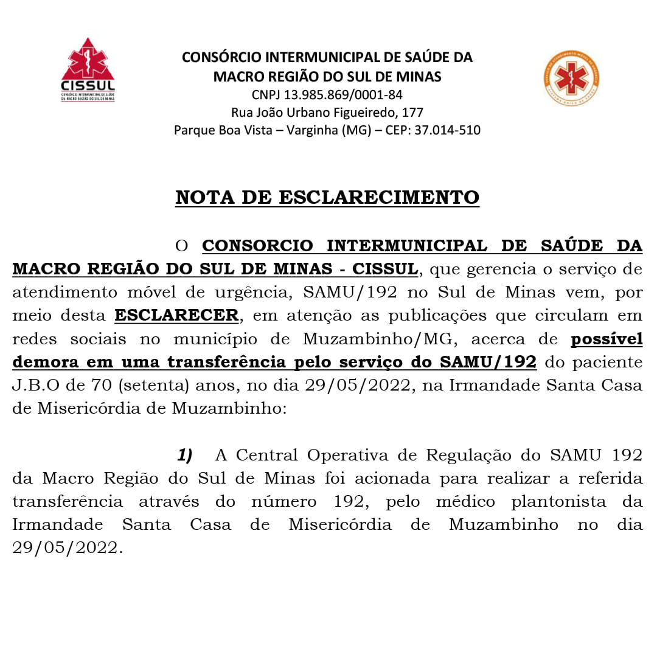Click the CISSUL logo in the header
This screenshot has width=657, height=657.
[x=88, y=69]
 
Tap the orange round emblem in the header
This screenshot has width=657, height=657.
[x=571, y=78]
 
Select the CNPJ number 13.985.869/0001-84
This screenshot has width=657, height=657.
[x=343, y=95]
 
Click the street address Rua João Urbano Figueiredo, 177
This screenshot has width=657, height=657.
[x=327, y=113]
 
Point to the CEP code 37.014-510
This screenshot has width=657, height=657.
[x=447, y=130]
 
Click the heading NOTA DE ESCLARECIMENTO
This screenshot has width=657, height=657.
[x=327, y=198]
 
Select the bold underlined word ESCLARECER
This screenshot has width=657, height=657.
[x=176, y=316]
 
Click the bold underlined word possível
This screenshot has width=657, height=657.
[x=607, y=339]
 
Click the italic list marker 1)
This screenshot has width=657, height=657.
[x=185, y=455]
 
